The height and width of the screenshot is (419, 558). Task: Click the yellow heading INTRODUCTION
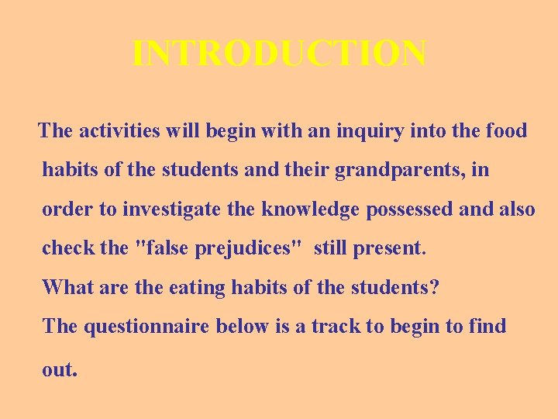click(279, 54)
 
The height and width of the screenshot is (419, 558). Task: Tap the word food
click(505, 130)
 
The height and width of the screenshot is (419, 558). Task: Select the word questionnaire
click(146, 326)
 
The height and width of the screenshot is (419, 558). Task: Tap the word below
click(243, 326)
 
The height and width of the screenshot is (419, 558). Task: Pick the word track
click(336, 326)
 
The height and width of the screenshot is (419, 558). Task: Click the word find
click(487, 326)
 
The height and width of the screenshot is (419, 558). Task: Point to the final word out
click(60, 369)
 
